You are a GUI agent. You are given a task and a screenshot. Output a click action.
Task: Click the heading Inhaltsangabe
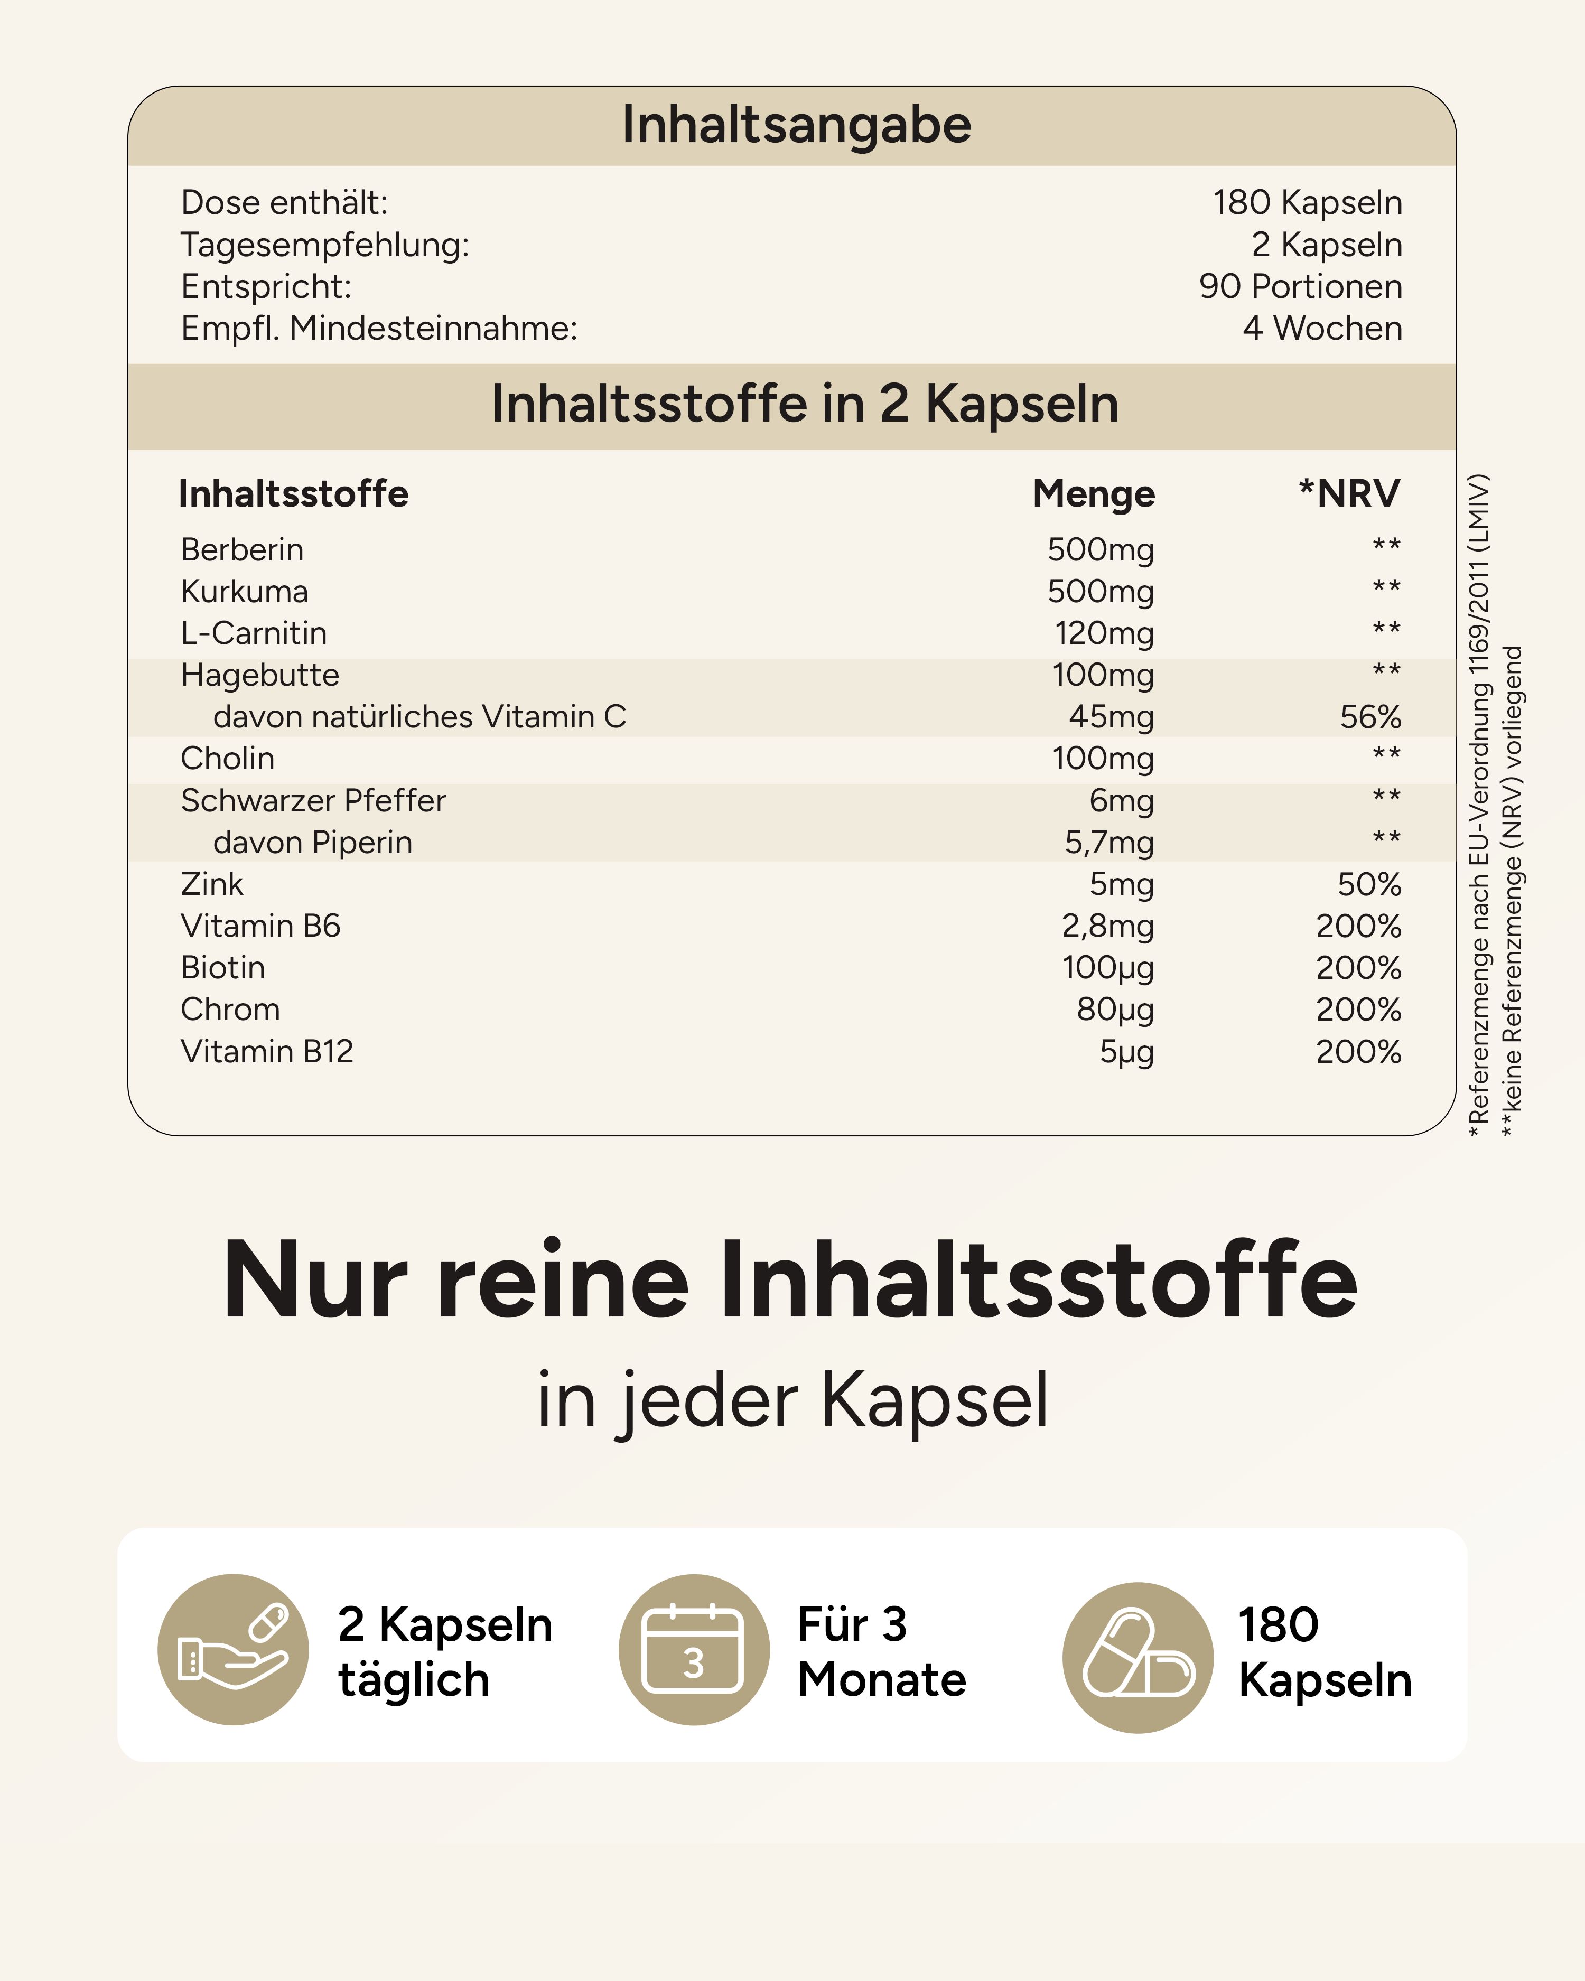point(796,125)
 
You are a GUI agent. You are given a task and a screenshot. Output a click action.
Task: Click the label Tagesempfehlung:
point(324,245)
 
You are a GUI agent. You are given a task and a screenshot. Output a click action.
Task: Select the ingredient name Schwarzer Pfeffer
point(312,800)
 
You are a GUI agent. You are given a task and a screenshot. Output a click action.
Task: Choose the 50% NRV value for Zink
point(1368,884)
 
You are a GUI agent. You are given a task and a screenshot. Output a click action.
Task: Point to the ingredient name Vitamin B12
point(266,1051)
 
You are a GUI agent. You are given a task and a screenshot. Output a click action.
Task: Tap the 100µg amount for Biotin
point(1107,968)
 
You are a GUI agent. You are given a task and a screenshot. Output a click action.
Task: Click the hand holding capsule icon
point(234,1649)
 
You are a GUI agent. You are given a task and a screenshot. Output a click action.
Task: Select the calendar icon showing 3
point(694,1649)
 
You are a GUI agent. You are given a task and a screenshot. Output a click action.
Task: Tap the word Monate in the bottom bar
point(881,1679)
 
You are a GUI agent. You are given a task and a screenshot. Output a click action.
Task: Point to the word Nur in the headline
point(314,1281)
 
